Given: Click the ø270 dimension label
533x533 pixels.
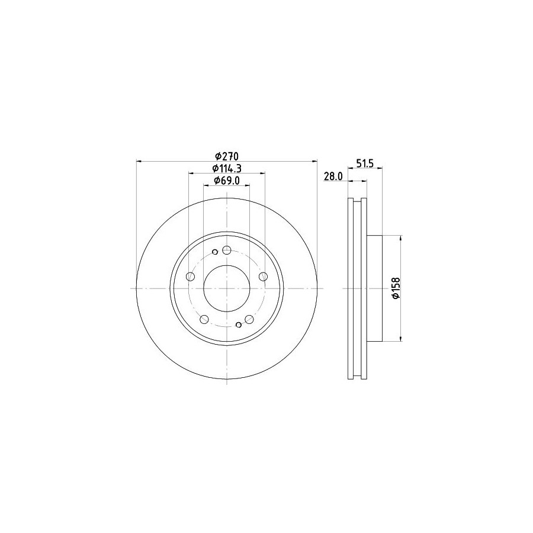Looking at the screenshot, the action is coord(227,156).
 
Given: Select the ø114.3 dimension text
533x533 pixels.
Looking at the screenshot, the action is coord(227,169).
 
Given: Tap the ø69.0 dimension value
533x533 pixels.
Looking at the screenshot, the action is coord(227,181).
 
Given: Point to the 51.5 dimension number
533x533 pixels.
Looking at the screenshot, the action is coord(365,163).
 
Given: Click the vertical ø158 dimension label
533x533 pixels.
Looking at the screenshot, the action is coord(396,288).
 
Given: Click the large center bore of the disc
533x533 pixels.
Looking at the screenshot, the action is coord(227,288).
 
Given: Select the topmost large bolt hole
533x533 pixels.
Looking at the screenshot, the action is coord(227,251).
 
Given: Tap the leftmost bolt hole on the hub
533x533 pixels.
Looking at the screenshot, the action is coord(191,277).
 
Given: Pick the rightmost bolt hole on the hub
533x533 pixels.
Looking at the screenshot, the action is coord(263,277).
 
